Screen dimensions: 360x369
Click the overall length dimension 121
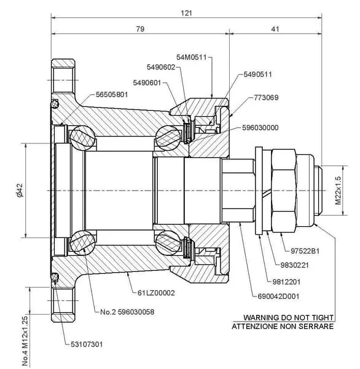tap(186, 13)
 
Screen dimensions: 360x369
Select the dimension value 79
tap(140, 29)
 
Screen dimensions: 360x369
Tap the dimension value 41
tap(275, 29)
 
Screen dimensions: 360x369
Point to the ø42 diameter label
tap(20, 190)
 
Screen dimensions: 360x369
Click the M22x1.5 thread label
tap(338, 191)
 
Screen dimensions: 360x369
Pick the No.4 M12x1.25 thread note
tap(25, 341)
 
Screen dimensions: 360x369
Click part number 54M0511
tap(192, 57)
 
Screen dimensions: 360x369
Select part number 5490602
tap(161, 67)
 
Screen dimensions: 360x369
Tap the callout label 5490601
tap(147, 83)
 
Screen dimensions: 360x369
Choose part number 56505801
tap(112, 95)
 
